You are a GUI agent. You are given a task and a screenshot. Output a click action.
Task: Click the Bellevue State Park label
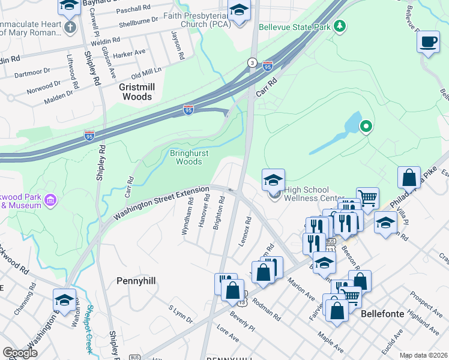(x=295, y=27)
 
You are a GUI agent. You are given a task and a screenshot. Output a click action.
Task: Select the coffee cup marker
(x=428, y=43)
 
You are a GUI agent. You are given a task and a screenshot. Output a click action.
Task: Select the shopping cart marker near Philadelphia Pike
(x=367, y=196)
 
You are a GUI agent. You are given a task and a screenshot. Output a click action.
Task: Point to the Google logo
(x=20, y=353)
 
